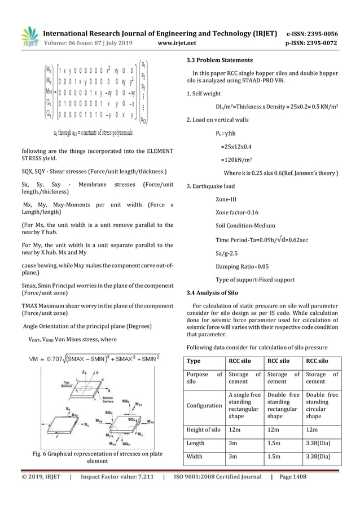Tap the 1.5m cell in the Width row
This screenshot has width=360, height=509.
[275, 457]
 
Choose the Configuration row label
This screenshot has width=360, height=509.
[204, 405]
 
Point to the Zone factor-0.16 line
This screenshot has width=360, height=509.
[237, 212]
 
